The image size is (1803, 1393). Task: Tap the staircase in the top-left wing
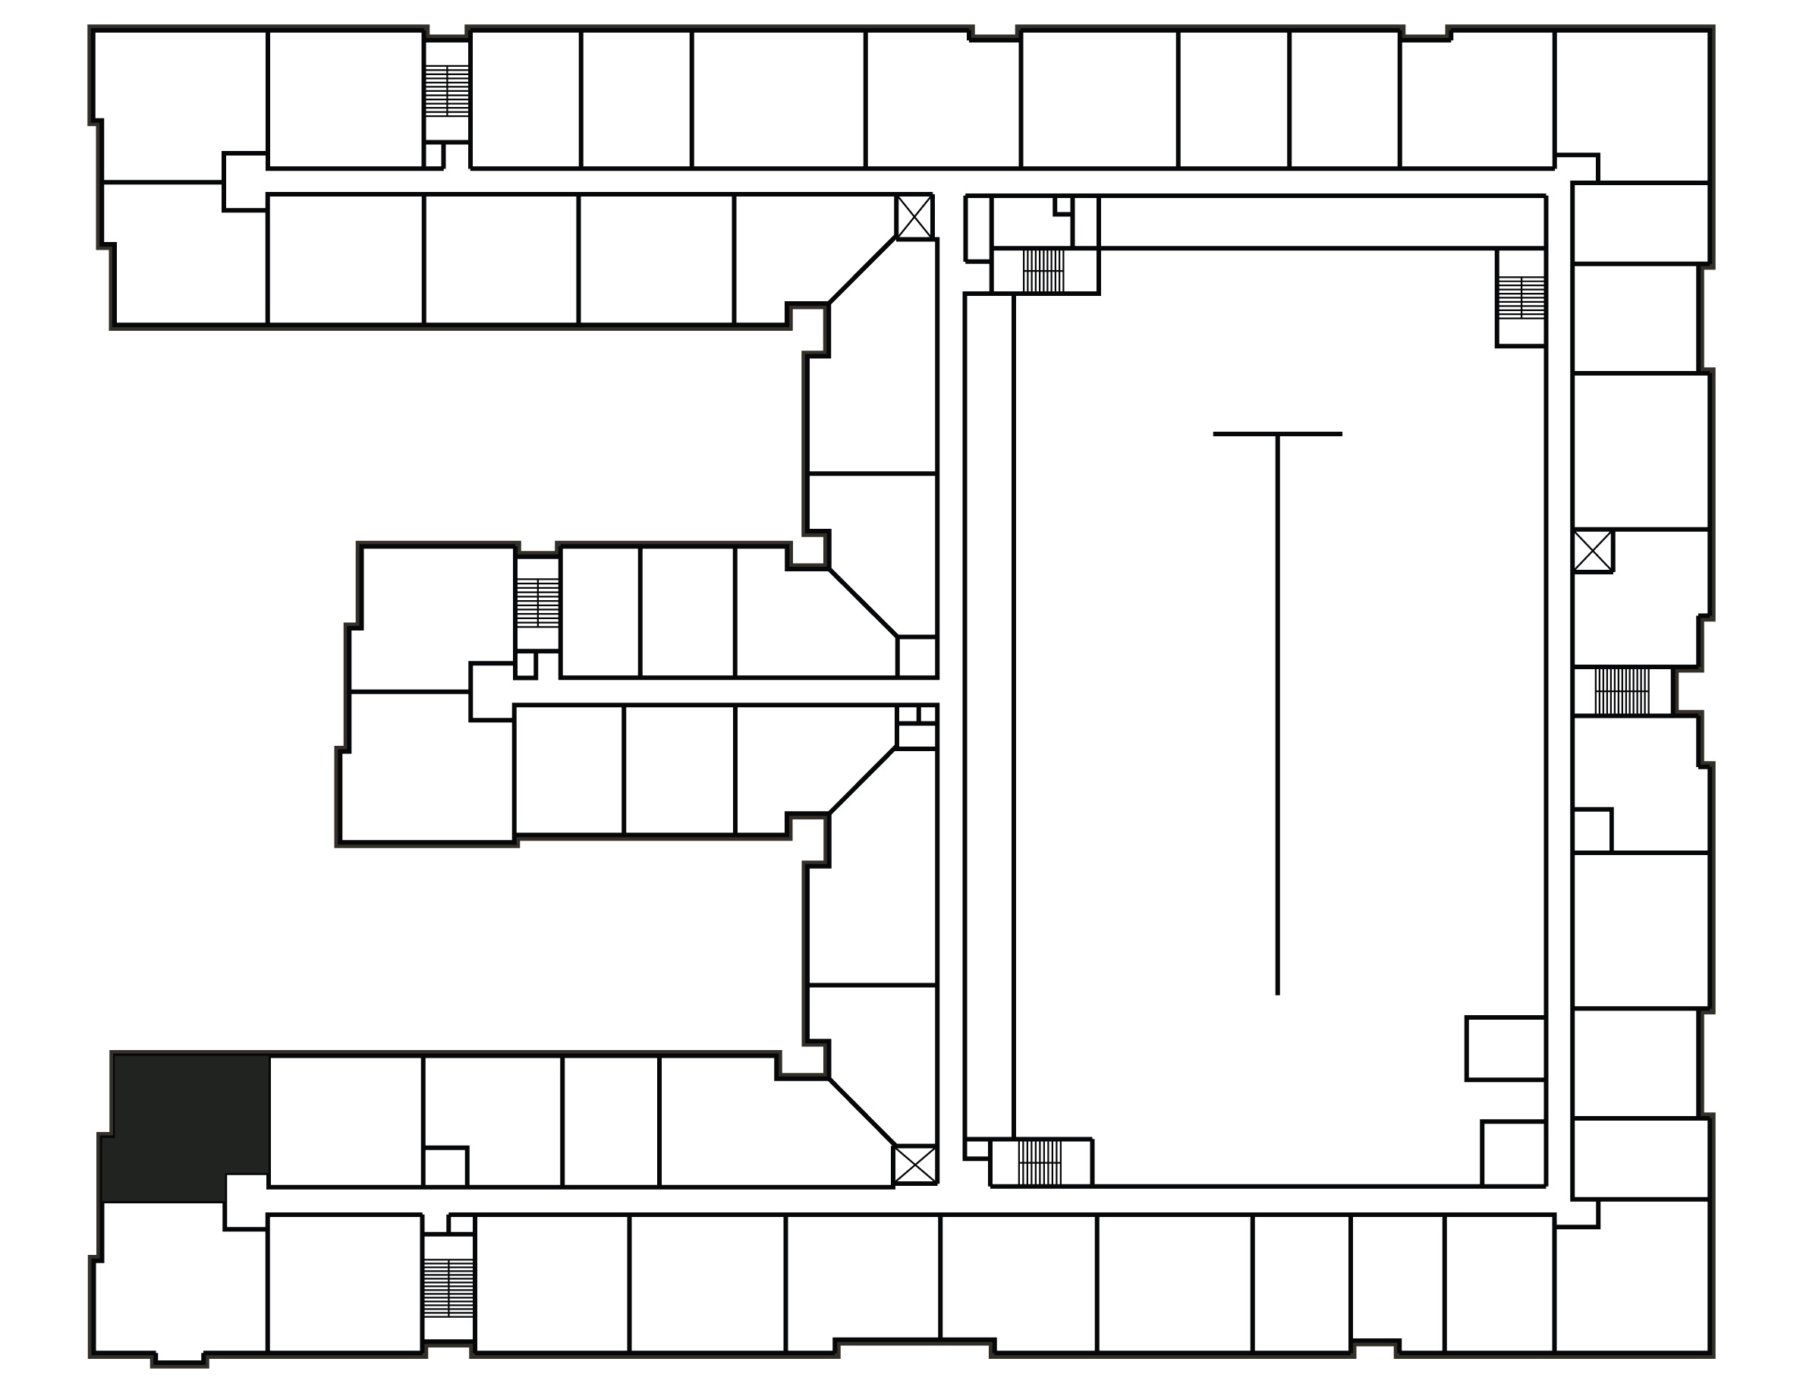[x=447, y=90]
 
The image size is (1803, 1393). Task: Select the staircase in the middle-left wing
[x=537, y=602]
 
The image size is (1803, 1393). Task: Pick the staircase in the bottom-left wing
[x=448, y=1288]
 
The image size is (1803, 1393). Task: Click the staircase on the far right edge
[x=1622, y=690]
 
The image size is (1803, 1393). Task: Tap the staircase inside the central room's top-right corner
[x=1521, y=298]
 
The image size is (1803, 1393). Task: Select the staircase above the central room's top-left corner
[x=1043, y=270]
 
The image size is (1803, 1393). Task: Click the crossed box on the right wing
[x=1593, y=550]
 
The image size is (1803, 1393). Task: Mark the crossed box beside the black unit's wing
[x=914, y=1165]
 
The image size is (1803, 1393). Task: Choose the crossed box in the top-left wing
[x=914, y=217]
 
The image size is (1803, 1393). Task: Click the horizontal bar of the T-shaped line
[x=1276, y=434]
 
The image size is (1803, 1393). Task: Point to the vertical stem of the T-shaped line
[x=1277, y=718]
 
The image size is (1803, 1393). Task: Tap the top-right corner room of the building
[x=1632, y=103]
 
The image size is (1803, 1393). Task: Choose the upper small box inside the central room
[x=1504, y=1048]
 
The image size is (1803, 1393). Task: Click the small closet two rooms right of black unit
[x=445, y=1166]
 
